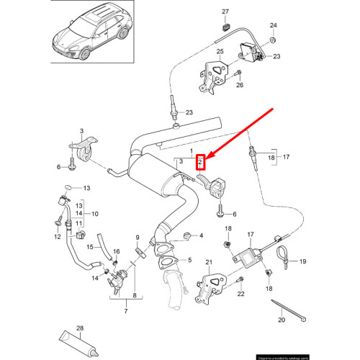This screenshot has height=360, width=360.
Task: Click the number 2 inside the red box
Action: click(202, 163)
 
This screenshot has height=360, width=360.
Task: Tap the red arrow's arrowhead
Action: click(207, 156)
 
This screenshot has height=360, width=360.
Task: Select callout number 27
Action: click(225, 13)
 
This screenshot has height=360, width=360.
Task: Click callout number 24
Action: click(273, 25)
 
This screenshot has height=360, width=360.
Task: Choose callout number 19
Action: click(302, 261)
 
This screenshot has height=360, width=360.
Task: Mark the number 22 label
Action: click(240, 294)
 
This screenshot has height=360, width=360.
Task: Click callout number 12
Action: click(55, 237)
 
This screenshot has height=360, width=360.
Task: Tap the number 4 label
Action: click(202, 235)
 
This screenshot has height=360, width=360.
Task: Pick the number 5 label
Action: click(189, 262)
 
